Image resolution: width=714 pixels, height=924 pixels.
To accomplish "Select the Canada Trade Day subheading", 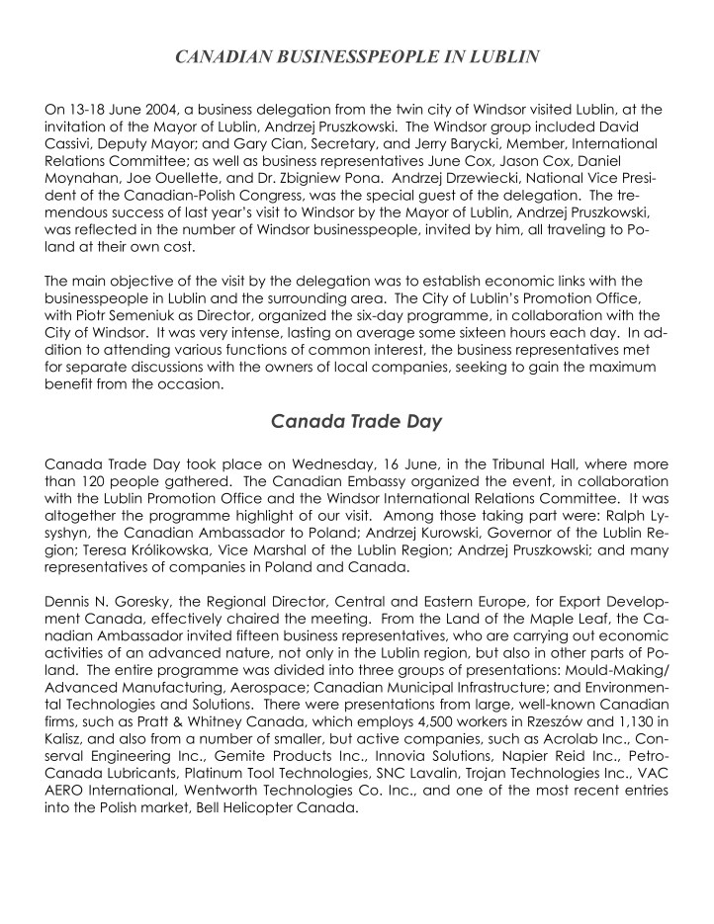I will tap(356, 422).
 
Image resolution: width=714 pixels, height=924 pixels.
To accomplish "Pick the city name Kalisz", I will tap(66, 742).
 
